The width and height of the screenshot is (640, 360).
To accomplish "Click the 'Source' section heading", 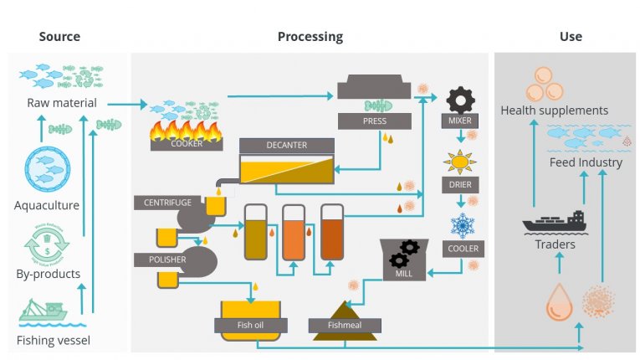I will (59, 37).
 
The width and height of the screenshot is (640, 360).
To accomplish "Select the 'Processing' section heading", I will (310, 37).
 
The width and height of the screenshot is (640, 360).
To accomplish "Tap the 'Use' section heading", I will (571, 37).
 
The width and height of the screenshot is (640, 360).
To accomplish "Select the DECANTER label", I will (286, 146).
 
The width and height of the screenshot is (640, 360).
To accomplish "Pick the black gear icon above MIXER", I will (460, 100).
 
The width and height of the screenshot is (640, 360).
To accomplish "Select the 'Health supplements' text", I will (554, 111).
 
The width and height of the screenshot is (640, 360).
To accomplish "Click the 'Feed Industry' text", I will (586, 162).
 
